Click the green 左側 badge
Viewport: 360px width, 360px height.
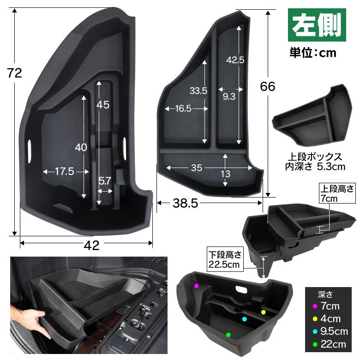[x=317, y=25]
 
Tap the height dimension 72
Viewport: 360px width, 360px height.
[x=14, y=73]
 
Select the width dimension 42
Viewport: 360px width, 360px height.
[x=91, y=246]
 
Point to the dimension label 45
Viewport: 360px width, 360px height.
[x=102, y=105]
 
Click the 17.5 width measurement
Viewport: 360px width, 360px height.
[x=65, y=171]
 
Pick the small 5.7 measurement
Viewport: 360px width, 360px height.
[x=105, y=181]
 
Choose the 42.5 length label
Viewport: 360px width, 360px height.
[x=235, y=60]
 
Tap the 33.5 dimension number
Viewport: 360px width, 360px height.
[x=198, y=90]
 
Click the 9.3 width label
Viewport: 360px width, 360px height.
[x=229, y=96]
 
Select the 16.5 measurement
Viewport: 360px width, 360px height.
[x=183, y=108]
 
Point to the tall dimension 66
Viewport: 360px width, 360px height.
[x=268, y=87]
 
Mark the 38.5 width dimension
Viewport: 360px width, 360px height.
[x=185, y=203]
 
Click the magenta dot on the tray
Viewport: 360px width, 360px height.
[x=196, y=286]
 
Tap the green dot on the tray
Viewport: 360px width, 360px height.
[x=228, y=335]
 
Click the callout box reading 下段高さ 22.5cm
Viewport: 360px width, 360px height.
[x=225, y=259]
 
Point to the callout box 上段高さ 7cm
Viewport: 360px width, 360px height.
[x=337, y=193]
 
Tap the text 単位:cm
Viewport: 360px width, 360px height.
[x=313, y=53]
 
